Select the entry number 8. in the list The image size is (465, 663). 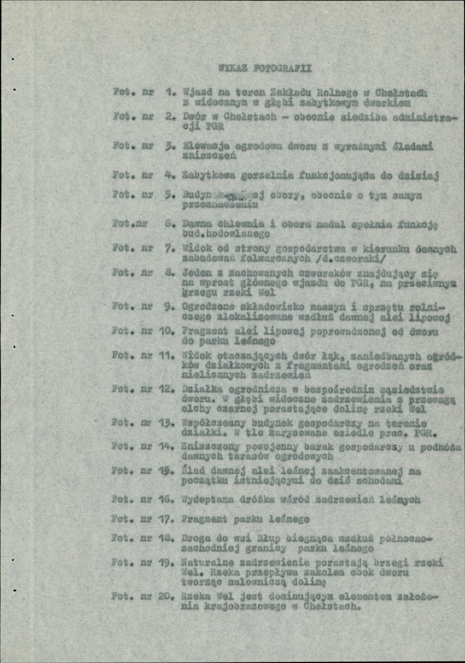[171, 272]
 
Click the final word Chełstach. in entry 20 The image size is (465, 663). [331, 605]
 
